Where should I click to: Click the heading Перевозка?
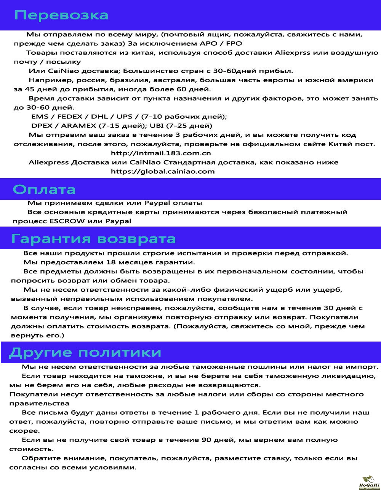pyautogui.click(x=61, y=15)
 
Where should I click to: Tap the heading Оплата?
pyautogui.click(x=44, y=189)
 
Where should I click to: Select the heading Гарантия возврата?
pyautogui.click(x=94, y=239)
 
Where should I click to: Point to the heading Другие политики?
pyautogui.click(x=85, y=352)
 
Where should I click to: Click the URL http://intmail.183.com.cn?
pyautogui.click(x=161, y=153)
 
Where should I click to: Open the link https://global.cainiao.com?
pyautogui.click(x=163, y=171)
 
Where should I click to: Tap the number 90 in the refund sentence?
pyautogui.click(x=205, y=440)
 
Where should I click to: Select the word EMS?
pyautogui.click(x=40, y=117)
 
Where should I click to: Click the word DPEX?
pyautogui.click(x=42, y=126)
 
